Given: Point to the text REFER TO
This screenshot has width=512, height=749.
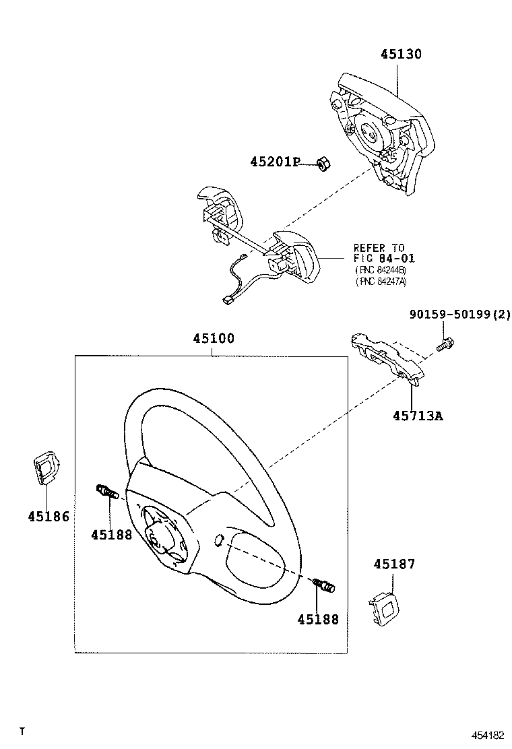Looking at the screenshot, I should point(379,248).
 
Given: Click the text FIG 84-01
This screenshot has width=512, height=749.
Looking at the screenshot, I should point(384,259).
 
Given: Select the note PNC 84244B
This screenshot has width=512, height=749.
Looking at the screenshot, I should point(381,270).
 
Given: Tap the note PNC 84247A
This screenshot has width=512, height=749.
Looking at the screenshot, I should point(381,282).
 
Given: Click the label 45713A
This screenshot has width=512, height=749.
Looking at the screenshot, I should point(418,416).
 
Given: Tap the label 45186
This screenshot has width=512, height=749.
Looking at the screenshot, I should point(48,517).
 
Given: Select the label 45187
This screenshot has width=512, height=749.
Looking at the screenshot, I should point(394,564).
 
